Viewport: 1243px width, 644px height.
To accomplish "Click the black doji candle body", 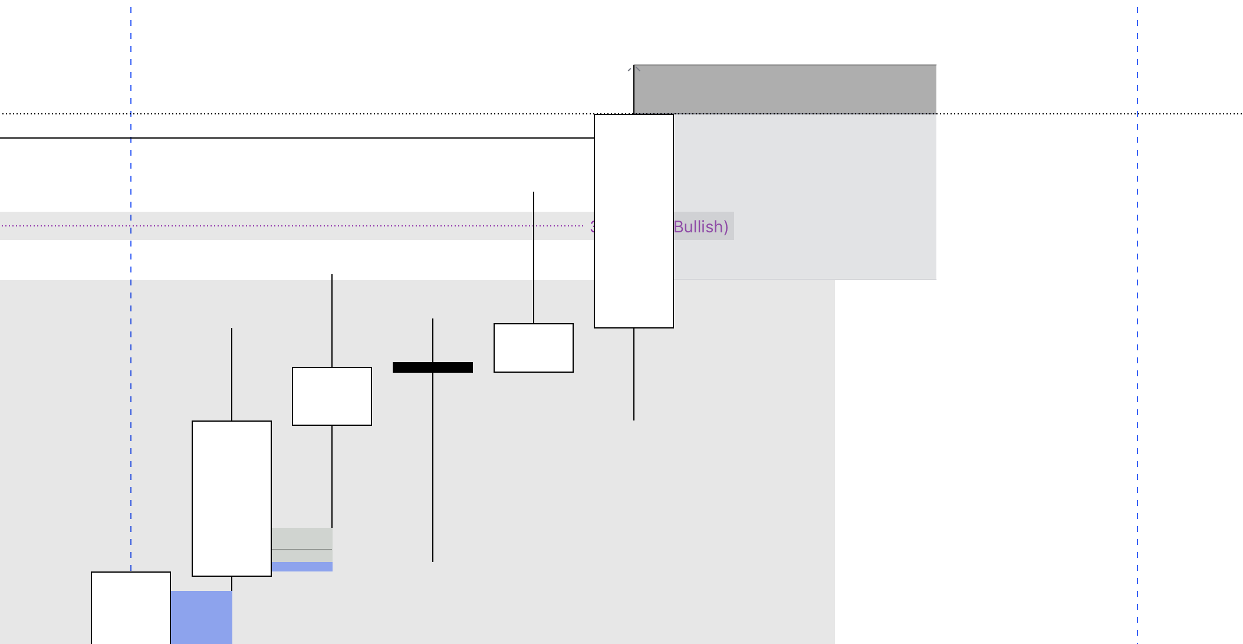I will [x=433, y=367].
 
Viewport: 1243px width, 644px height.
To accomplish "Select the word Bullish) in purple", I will [x=701, y=226].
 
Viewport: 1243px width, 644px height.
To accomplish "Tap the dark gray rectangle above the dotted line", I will [x=784, y=89].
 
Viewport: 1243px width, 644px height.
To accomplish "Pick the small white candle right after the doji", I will [x=534, y=348].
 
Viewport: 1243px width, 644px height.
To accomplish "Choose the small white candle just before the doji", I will [x=332, y=396].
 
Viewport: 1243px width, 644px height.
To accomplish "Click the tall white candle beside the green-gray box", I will [x=232, y=498].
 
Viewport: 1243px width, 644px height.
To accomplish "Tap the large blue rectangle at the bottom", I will [x=202, y=617].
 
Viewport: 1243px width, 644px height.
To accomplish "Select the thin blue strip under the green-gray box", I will [x=302, y=567].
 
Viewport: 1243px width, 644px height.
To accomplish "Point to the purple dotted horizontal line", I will [x=295, y=226].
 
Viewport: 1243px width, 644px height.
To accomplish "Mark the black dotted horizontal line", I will [x=354, y=114].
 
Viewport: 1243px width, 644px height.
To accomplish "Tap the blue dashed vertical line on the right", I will [x=1137, y=354].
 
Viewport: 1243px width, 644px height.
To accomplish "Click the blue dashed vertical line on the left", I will [x=131, y=354].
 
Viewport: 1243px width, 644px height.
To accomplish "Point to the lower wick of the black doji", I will [x=433, y=472].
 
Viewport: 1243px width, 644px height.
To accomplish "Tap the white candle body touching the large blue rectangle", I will [x=131, y=607].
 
